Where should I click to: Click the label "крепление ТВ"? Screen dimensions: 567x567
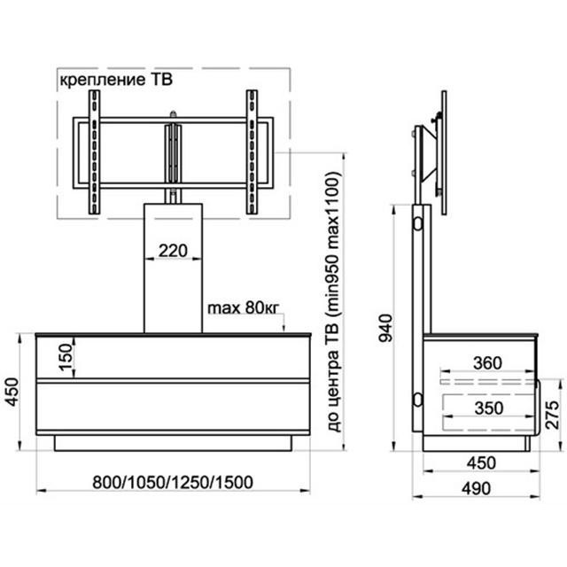point(116,80)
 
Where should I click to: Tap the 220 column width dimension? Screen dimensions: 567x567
point(173,251)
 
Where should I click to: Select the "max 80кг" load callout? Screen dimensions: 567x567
point(244,308)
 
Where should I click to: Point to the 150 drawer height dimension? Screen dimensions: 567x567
point(66,357)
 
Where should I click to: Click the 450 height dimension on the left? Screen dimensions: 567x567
point(12,392)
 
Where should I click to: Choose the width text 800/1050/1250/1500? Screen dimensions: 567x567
point(173,482)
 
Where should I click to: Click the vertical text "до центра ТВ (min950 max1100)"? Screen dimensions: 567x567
point(334,301)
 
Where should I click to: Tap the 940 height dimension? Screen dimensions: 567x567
point(385,329)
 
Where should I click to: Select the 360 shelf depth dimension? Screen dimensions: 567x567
point(487,363)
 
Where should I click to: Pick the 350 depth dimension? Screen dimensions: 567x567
point(489,408)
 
